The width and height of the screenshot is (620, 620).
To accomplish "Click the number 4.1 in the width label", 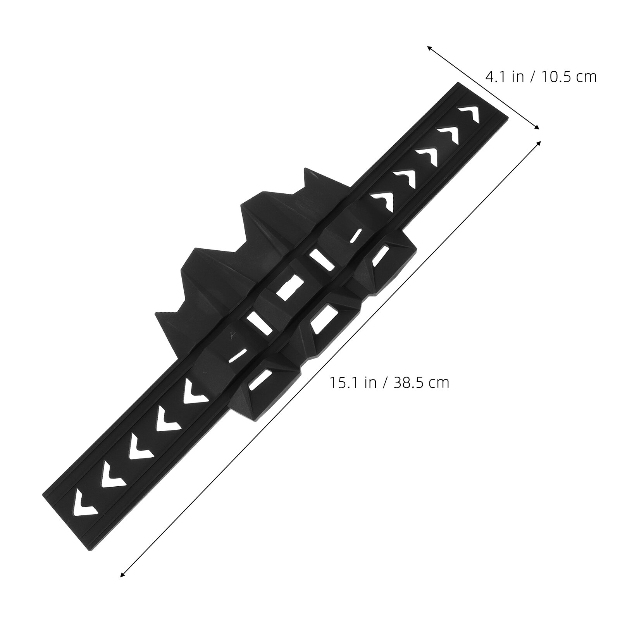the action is [494, 77].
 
